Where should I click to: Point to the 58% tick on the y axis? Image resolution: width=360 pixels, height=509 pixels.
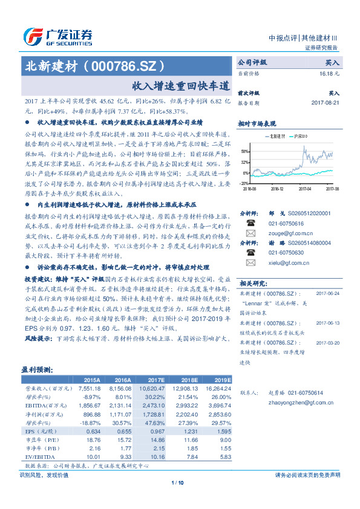(244, 152)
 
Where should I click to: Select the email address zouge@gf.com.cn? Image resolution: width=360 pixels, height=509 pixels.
(283, 232)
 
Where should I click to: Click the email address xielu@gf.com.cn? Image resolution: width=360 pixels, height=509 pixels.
(281, 264)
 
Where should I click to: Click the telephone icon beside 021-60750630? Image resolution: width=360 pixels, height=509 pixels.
(249, 253)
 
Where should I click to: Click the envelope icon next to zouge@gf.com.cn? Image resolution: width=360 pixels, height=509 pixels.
(249, 233)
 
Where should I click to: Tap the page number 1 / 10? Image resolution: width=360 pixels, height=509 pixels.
(180, 482)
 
